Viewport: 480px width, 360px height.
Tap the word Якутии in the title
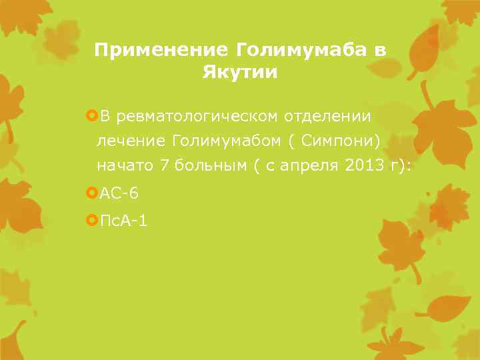240,72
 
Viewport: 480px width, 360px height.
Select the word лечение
132,141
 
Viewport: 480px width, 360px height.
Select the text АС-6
119,194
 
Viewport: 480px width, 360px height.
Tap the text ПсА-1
123,219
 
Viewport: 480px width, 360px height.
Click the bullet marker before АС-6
92,193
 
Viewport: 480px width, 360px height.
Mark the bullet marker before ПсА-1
92,219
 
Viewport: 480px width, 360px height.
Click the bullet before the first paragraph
92,117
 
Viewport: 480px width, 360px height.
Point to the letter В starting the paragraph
104,117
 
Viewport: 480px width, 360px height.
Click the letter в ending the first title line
381,50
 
